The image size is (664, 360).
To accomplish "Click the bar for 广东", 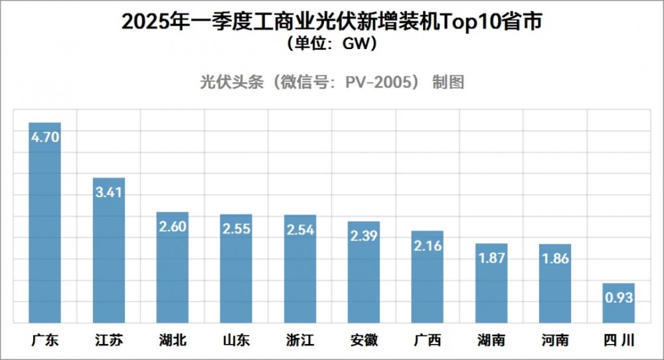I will (x=44, y=226).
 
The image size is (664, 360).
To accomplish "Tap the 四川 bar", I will (x=618, y=303).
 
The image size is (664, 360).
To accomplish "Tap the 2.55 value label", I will (x=236, y=230).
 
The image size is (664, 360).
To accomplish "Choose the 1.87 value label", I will (x=491, y=258).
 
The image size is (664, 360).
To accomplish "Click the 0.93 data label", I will (x=618, y=298).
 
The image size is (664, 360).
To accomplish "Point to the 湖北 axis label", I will (x=173, y=341).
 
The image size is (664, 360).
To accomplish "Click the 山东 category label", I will (x=236, y=341).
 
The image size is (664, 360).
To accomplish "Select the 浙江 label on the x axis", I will (x=300, y=341).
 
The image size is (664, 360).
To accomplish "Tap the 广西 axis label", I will (x=427, y=341).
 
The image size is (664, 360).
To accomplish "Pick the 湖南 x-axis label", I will (x=491, y=341).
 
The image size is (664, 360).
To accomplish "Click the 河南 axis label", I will (x=554, y=341).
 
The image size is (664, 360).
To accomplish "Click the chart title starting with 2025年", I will (x=332, y=22).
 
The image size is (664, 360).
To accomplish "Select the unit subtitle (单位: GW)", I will (x=332, y=45).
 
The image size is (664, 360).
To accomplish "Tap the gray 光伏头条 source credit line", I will (x=332, y=82).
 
